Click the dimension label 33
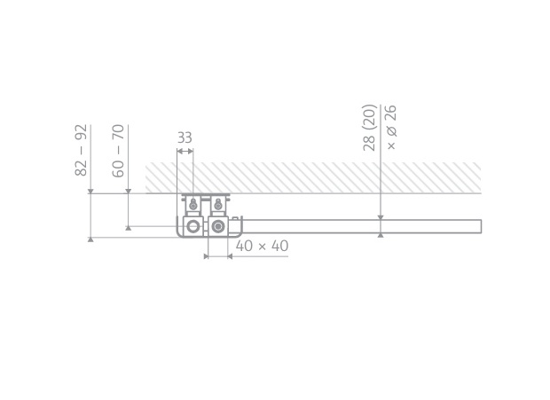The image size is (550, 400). coord(185,137)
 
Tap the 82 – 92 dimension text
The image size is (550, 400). coord(81,150)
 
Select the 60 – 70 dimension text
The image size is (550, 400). coord(118,151)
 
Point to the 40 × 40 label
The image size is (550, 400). coord(262,246)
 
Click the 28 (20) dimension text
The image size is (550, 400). coord(369,128)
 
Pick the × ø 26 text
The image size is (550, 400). coord(391,127)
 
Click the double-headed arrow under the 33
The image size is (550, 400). coord(185,152)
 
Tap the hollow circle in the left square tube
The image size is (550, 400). coord(192,226)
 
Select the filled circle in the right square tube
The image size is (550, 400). coord(218,226)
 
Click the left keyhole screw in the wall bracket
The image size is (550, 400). coord(192,204)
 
